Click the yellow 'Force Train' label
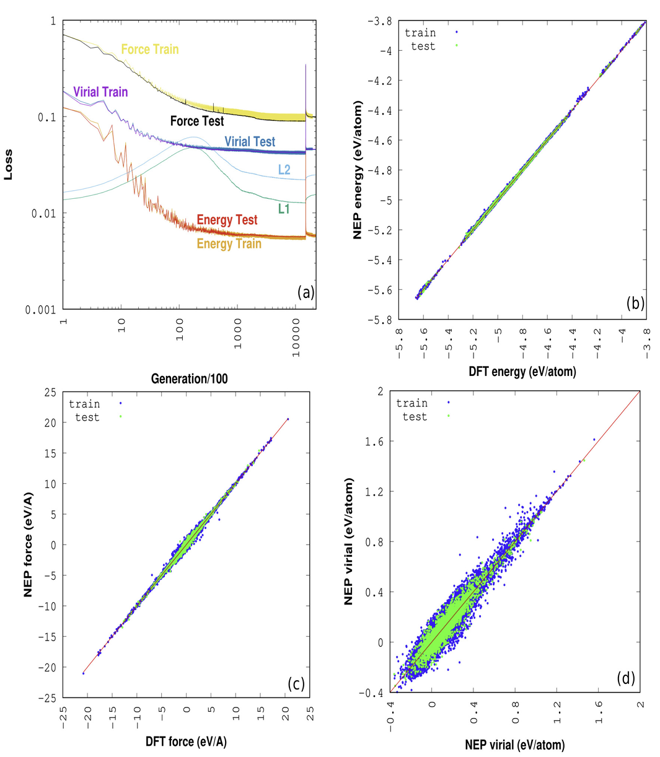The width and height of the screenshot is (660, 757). click(x=149, y=49)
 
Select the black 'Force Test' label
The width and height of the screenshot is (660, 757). click(x=197, y=121)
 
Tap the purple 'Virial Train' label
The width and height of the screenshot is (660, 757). click(x=100, y=92)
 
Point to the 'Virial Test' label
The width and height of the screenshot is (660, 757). click(x=250, y=142)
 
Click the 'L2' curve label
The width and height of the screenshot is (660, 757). click(x=284, y=168)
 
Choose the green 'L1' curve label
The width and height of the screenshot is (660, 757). click(x=284, y=209)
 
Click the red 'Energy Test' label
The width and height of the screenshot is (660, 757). click(x=227, y=220)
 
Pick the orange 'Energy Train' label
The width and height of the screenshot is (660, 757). click(x=229, y=244)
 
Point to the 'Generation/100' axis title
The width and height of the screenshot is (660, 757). click(x=190, y=378)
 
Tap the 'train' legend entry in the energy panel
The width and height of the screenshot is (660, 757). click(x=420, y=32)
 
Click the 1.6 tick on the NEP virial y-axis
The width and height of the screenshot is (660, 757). click(x=371, y=441)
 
